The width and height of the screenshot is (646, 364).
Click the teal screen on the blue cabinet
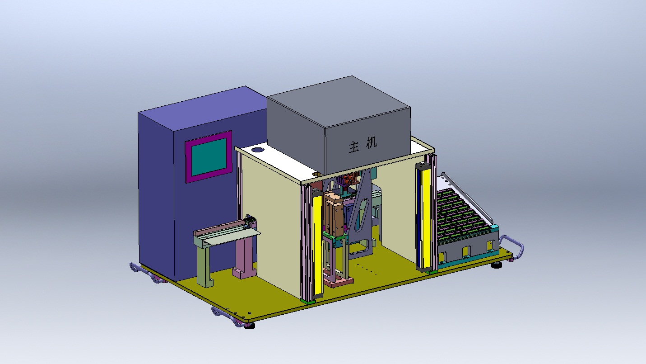[x=209, y=157]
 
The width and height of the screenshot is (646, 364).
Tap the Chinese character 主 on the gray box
[x=354, y=147]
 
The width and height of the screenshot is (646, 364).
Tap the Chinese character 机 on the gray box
[x=372, y=142]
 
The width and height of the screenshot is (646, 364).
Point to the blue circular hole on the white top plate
[x=258, y=150]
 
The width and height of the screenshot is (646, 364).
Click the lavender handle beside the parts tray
[x=513, y=246]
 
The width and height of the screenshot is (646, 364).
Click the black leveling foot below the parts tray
[x=497, y=265]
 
